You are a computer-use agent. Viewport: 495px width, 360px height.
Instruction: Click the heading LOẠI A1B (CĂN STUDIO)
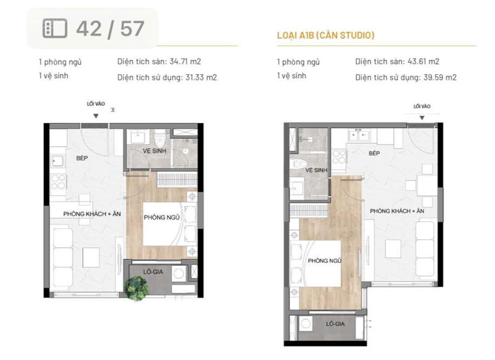click(326, 35)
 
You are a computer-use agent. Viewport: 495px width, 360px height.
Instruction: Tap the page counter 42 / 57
click(110, 29)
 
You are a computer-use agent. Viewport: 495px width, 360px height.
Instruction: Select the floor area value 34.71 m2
click(185, 61)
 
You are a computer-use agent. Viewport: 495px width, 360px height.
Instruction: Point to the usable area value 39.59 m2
click(440, 77)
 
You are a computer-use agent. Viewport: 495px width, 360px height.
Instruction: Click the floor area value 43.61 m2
click(423, 61)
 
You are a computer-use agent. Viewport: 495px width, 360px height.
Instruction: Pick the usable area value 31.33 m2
click(201, 77)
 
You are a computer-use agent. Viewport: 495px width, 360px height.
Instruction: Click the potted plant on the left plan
click(136, 288)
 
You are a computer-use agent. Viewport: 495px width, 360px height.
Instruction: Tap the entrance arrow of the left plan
click(96, 116)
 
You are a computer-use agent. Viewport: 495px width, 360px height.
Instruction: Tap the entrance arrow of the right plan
click(422, 118)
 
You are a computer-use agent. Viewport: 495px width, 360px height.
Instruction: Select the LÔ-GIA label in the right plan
click(335, 324)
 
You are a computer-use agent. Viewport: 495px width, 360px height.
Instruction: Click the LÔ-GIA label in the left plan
click(153, 272)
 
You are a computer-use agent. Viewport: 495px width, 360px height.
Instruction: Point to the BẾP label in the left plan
click(82, 158)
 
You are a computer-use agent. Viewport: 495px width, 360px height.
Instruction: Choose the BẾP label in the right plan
click(374, 153)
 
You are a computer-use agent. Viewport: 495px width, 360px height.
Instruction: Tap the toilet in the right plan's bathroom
click(299, 164)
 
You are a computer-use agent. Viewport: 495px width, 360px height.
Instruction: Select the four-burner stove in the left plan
click(58, 182)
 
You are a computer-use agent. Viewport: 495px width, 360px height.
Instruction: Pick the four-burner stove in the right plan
click(338, 157)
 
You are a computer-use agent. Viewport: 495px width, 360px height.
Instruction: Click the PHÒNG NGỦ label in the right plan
click(324, 260)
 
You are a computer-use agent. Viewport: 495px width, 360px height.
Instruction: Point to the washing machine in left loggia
click(179, 273)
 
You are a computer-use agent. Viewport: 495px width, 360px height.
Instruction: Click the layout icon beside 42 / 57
click(55, 28)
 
